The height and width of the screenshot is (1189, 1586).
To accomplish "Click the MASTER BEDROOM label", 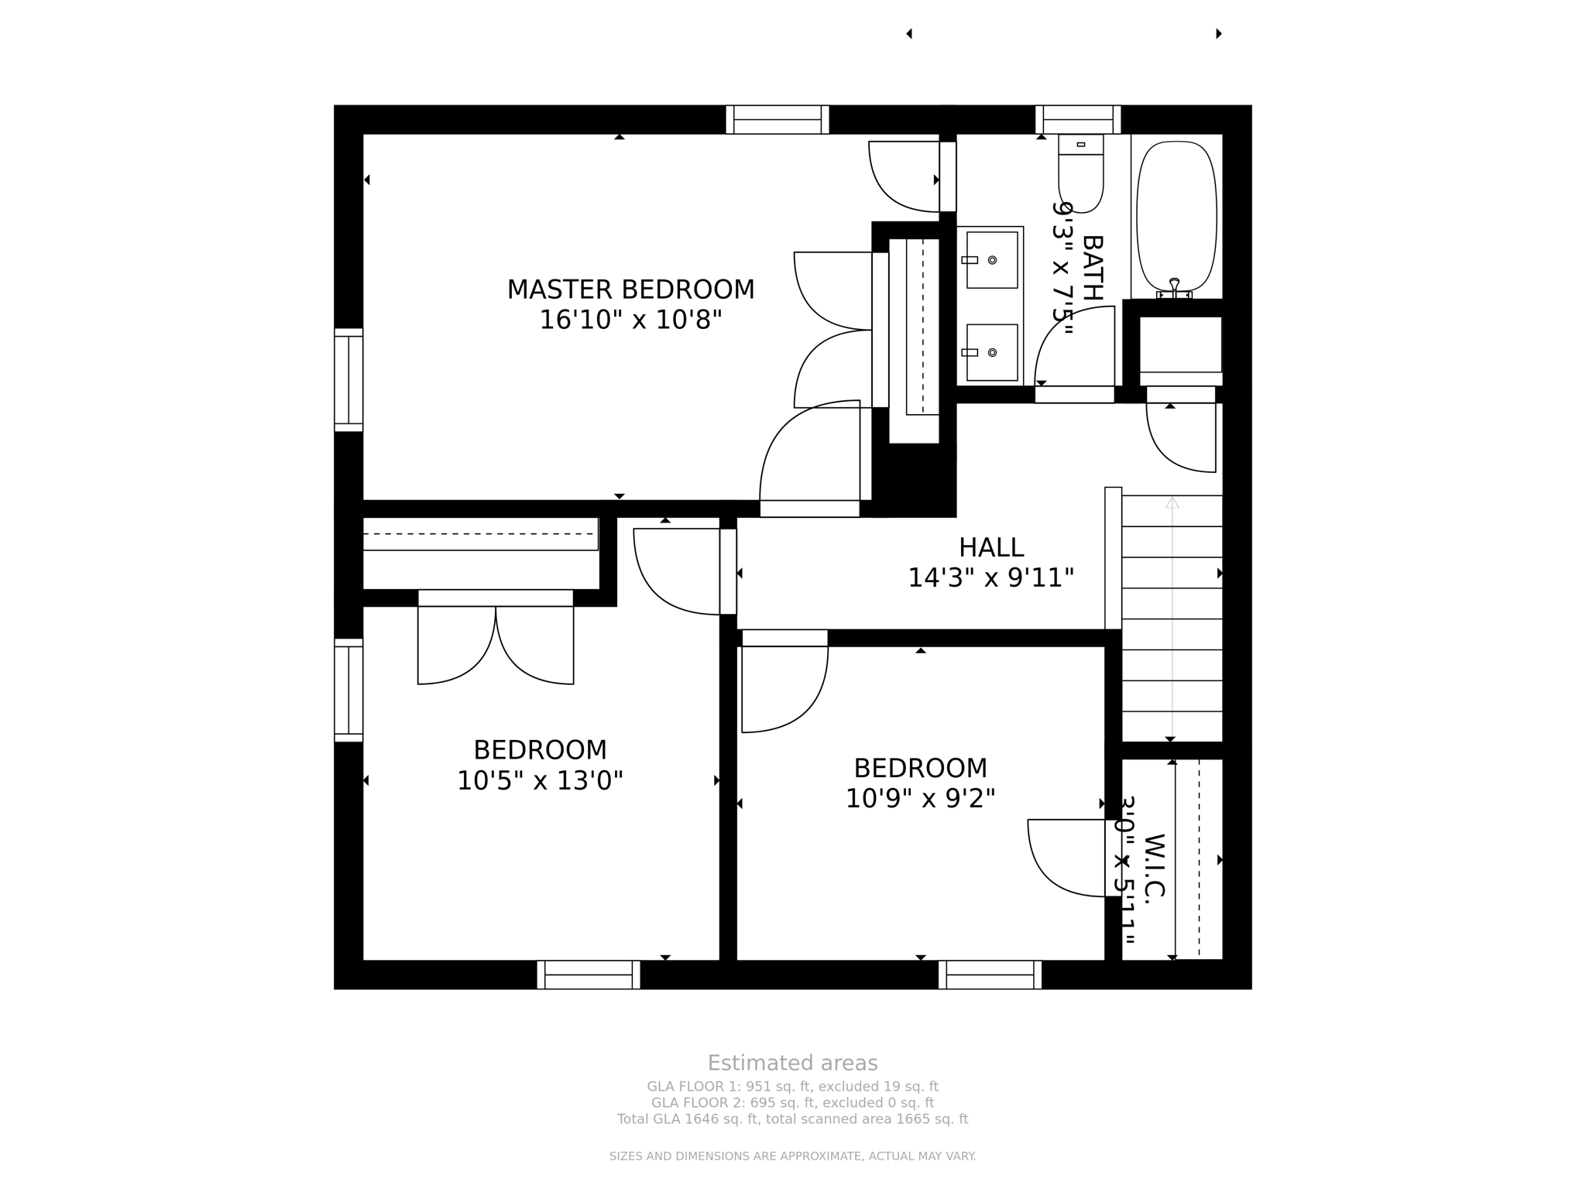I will tap(630, 290).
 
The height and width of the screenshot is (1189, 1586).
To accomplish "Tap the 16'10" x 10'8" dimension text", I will tap(630, 320).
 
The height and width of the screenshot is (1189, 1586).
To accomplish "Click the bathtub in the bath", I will tap(1176, 217).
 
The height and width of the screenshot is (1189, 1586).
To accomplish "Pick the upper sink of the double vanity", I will tap(991, 260).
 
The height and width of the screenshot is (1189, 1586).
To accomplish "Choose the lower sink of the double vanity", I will tap(991, 352).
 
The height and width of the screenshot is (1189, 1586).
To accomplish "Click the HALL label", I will tap(991, 547).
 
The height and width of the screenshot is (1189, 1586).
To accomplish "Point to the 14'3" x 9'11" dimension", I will tap(991, 577).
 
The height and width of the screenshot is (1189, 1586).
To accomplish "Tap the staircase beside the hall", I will tap(1172, 619).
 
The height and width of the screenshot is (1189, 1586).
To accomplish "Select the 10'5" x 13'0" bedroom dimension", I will tap(540, 780).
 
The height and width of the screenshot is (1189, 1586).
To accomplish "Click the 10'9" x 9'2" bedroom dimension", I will tap(920, 798).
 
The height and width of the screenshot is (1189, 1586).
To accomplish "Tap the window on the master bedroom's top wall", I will tap(778, 120).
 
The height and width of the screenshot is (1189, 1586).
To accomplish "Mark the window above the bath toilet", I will tap(1078, 120).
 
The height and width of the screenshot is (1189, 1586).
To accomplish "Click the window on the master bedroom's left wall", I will tap(348, 379).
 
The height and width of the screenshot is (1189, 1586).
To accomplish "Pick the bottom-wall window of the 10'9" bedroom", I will tap(990, 975).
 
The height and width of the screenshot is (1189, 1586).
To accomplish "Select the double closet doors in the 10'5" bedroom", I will tap(496, 642).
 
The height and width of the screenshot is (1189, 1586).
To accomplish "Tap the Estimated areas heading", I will tap(792, 1063).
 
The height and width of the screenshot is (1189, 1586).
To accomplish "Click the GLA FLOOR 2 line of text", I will tap(792, 1102).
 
